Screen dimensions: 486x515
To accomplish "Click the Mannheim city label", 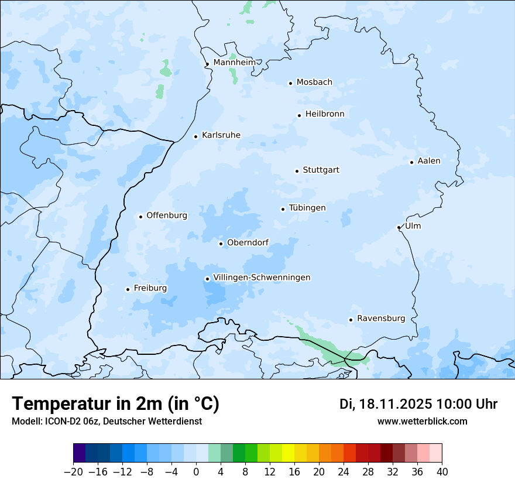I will pyautogui.click(x=234, y=62).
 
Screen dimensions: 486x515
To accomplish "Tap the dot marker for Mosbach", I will pyautogui.click(x=290, y=83).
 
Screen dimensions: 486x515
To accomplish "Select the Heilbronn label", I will pyautogui.click(x=325, y=114).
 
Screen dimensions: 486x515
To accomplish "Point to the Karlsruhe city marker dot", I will pyautogui.click(x=196, y=136).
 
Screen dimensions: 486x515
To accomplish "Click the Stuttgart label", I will pyautogui.click(x=321, y=170).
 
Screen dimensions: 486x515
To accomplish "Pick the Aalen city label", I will pyautogui.click(x=429, y=160).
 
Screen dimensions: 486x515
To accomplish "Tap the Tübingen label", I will pyautogui.click(x=307, y=208).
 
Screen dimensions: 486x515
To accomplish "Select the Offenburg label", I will pyautogui.click(x=167, y=215).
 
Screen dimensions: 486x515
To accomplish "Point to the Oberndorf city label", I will pyautogui.click(x=248, y=242).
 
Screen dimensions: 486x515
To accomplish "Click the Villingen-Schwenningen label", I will pyautogui.click(x=262, y=278).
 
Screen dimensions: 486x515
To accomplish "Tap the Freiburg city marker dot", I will pyautogui.click(x=128, y=289).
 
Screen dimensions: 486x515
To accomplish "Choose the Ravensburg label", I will pyautogui.click(x=381, y=319).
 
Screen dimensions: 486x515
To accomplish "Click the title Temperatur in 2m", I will pyautogui.click(x=115, y=404).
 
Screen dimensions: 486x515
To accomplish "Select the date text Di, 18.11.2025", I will pyautogui.click(x=385, y=404).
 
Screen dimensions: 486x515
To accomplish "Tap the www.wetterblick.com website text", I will pyautogui.click(x=422, y=421).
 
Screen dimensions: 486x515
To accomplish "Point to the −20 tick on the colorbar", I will pyautogui.click(x=74, y=472).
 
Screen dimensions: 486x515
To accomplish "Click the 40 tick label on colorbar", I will pyautogui.click(x=442, y=472).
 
